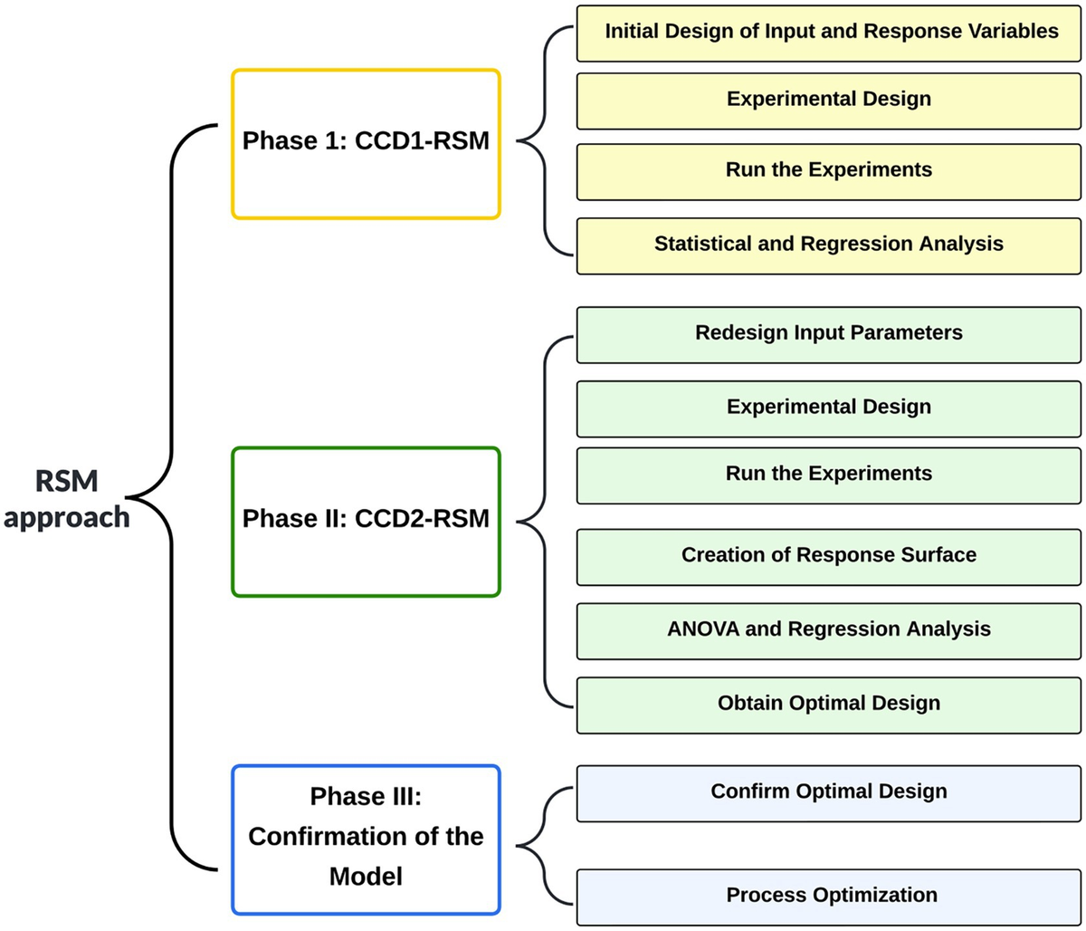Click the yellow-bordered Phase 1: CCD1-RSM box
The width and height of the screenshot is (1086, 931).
point(366,143)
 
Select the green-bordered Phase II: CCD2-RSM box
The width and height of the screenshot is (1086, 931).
point(366,521)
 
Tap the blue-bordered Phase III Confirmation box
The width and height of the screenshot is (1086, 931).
point(366,839)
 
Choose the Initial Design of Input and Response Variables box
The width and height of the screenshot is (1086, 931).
point(829,33)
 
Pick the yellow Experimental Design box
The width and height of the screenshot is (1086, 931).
point(829,99)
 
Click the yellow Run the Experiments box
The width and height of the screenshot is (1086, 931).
point(829,170)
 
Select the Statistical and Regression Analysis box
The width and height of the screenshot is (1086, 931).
point(829,245)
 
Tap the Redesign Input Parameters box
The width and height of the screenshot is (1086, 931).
point(829,333)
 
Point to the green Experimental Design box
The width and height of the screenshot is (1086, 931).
point(829,408)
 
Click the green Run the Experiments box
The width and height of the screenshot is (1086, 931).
point(829,475)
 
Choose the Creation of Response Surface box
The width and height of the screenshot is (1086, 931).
point(829,555)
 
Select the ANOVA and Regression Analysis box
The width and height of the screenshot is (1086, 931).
point(829,629)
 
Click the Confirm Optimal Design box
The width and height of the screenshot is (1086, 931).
point(829,792)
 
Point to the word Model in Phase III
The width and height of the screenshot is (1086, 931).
point(366,877)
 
